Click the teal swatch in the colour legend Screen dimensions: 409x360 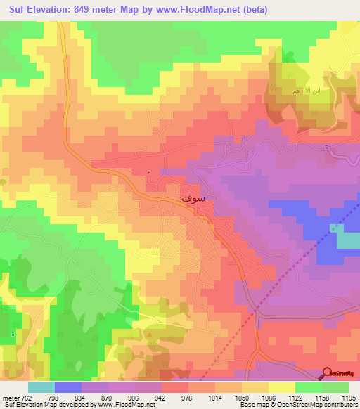coord(41,387)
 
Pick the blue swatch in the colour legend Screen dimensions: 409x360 coord(67,387)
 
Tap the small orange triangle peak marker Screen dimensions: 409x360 coord(150,335)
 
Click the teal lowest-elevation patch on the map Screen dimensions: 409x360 coord(347,239)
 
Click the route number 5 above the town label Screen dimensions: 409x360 coord(150,173)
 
